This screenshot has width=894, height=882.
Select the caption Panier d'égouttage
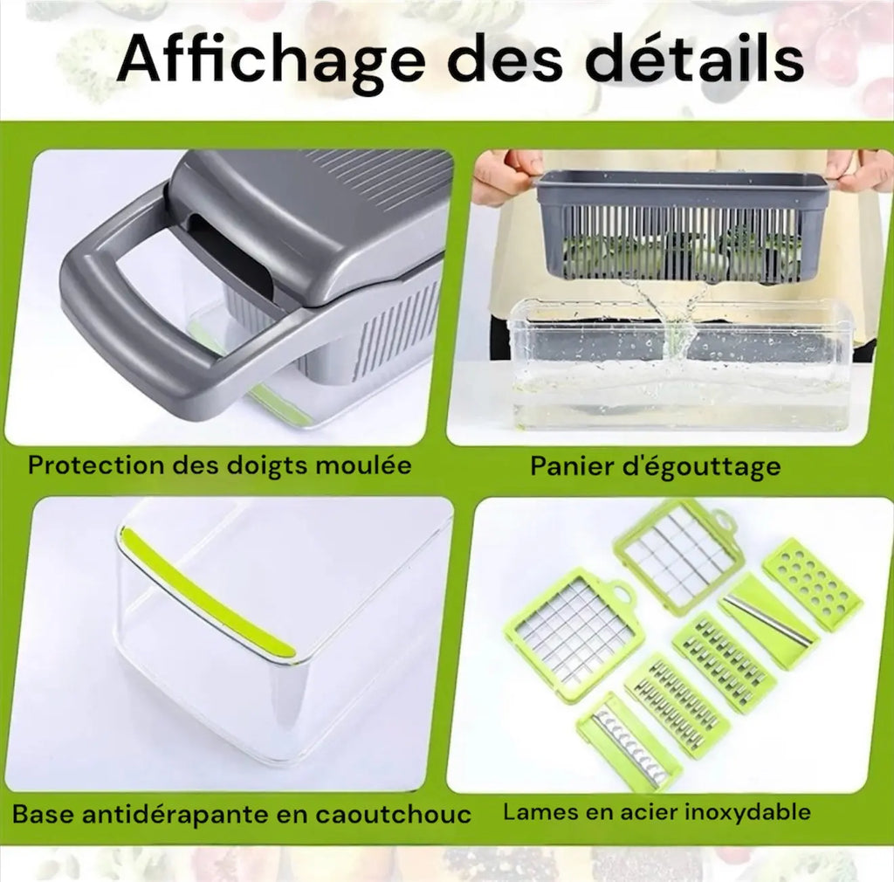(655, 466)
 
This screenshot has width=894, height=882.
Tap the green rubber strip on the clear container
(206, 594)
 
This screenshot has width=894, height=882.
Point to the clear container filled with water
(681, 367)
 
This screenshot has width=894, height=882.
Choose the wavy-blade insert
(627, 740)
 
